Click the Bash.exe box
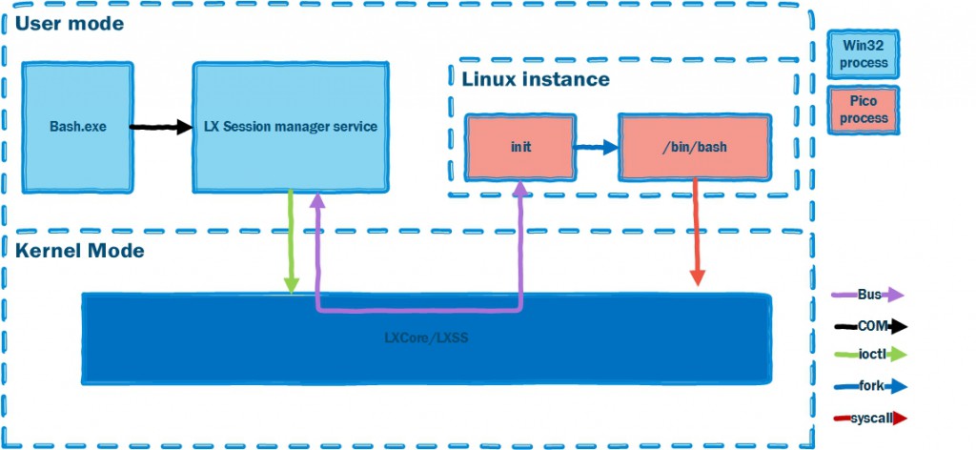point(77,126)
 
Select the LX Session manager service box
point(291,126)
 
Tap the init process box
point(519,148)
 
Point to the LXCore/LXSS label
point(426,337)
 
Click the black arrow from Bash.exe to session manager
point(161,126)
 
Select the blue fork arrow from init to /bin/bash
point(597,148)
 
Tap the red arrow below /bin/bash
point(698,234)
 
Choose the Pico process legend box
point(864,111)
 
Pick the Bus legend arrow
point(868,295)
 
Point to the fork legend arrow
point(868,387)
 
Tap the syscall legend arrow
point(868,419)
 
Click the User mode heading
point(69,23)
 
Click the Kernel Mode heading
point(79,252)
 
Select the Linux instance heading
point(536,79)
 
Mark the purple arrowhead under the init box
point(519,191)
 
